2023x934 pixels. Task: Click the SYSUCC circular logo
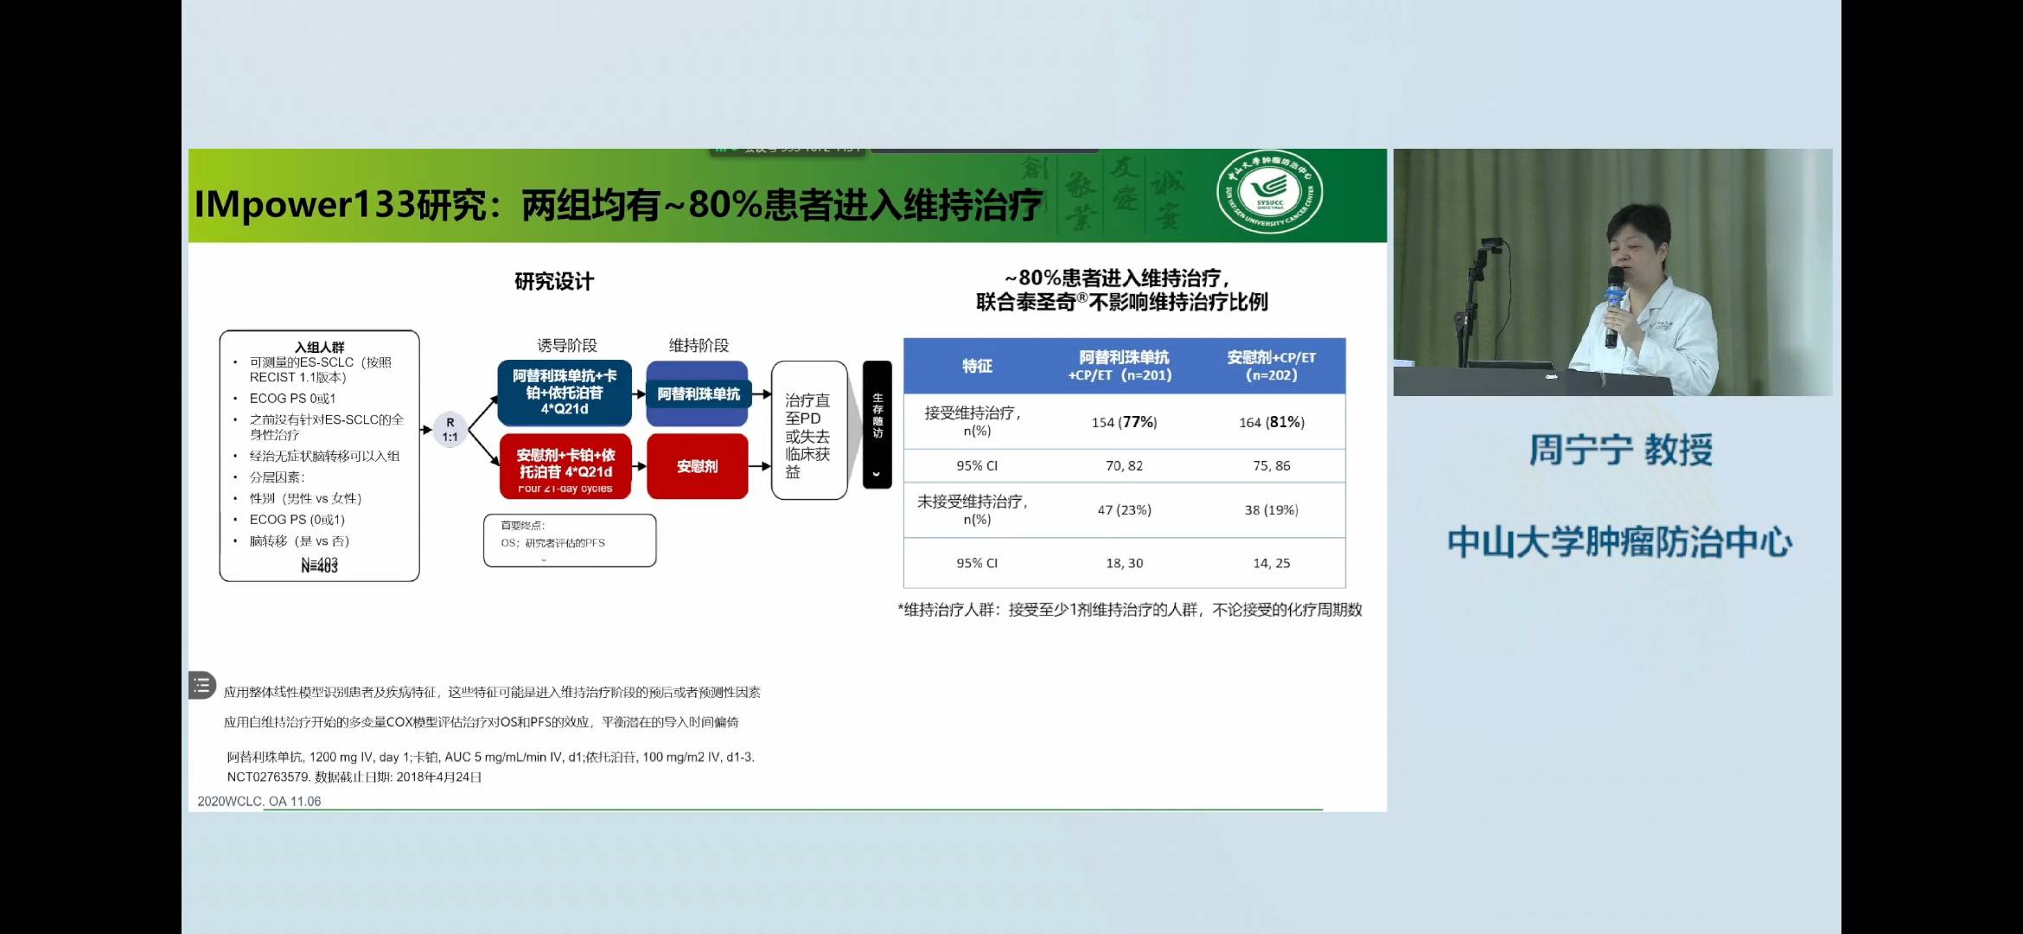1269,193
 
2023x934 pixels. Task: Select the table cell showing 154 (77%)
1124,422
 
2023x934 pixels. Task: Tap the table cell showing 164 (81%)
1271,422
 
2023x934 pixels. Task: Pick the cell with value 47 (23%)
1124,510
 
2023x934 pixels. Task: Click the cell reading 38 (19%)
1271,510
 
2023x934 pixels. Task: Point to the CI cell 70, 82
1124,465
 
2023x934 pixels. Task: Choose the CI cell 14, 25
1271,563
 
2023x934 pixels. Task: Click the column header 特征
977,366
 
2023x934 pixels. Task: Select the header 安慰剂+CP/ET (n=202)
1271,366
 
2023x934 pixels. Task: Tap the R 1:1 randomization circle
450,430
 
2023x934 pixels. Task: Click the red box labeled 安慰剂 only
697,466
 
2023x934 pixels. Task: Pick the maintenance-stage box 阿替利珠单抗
698,394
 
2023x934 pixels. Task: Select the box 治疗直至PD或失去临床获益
808,431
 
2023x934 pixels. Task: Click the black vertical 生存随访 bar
877,424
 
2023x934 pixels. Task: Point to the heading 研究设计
553,281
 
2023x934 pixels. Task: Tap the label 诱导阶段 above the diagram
566,345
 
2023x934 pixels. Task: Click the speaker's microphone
1613,294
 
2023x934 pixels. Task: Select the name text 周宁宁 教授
1620,450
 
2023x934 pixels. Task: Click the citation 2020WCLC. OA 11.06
258,802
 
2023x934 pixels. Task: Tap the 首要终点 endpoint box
569,541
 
